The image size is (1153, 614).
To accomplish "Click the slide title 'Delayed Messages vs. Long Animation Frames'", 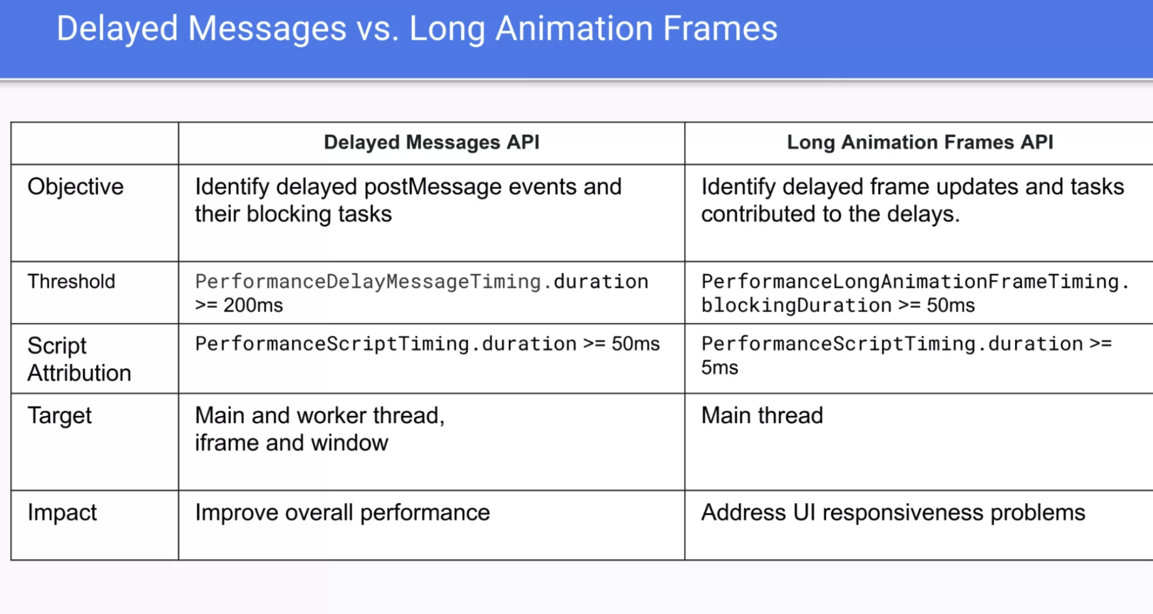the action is pyautogui.click(x=417, y=29).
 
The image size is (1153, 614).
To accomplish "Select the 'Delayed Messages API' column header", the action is pyautogui.click(x=431, y=142).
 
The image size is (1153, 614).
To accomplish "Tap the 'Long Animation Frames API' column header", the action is pyautogui.click(x=920, y=142).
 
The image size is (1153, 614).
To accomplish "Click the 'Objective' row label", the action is pyautogui.click(x=76, y=187).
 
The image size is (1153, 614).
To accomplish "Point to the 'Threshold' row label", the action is pyautogui.click(x=72, y=281).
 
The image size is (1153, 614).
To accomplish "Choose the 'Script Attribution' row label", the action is pyautogui.click(x=80, y=359).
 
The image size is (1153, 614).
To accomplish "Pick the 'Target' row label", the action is pyautogui.click(x=60, y=416).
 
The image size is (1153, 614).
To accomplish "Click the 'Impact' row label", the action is pyautogui.click(x=62, y=513).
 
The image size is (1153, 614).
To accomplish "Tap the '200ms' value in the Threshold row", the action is pyautogui.click(x=253, y=305).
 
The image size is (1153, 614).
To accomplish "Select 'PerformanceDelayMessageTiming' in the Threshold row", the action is pyautogui.click(x=368, y=281).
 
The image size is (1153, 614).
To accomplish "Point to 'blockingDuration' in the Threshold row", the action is pyautogui.click(x=797, y=305).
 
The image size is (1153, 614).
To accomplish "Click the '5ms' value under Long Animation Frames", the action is pyautogui.click(x=720, y=367).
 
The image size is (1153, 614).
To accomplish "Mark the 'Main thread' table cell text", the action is pyautogui.click(x=762, y=416).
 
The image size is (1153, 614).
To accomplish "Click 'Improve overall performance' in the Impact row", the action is pyautogui.click(x=343, y=513).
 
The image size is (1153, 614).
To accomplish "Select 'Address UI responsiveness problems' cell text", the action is pyautogui.click(x=893, y=513).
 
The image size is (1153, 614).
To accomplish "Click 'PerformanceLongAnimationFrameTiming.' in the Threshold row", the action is pyautogui.click(x=915, y=281).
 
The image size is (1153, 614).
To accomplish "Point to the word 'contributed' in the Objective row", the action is pyautogui.click(x=758, y=214).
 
